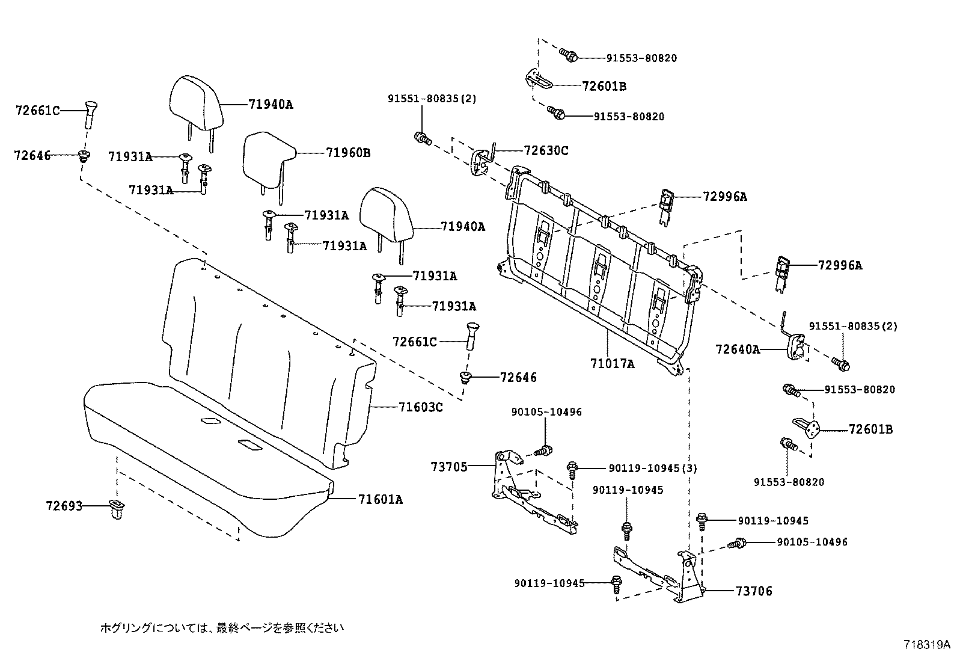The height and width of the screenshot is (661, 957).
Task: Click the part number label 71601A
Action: click(x=381, y=499)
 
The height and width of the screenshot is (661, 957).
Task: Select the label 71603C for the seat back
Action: click(x=421, y=408)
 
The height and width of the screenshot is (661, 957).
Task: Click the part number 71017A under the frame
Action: click(x=612, y=364)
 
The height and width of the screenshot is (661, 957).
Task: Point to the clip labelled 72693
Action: click(x=116, y=509)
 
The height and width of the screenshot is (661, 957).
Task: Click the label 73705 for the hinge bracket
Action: click(x=449, y=466)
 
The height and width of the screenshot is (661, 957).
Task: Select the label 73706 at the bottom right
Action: click(x=754, y=591)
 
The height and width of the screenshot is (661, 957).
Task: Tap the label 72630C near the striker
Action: click(x=546, y=150)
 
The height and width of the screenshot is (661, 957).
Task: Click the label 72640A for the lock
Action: click(x=738, y=349)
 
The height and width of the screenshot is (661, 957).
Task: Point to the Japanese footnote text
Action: click(x=222, y=628)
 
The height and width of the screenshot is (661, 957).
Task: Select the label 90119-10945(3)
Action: click(x=653, y=468)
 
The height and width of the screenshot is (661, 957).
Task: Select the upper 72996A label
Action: click(x=725, y=197)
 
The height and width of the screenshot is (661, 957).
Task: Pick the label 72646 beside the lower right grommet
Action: click(x=518, y=378)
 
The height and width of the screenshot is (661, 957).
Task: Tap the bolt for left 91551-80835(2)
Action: click(x=421, y=138)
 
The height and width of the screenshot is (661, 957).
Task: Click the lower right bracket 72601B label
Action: click(x=870, y=429)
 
